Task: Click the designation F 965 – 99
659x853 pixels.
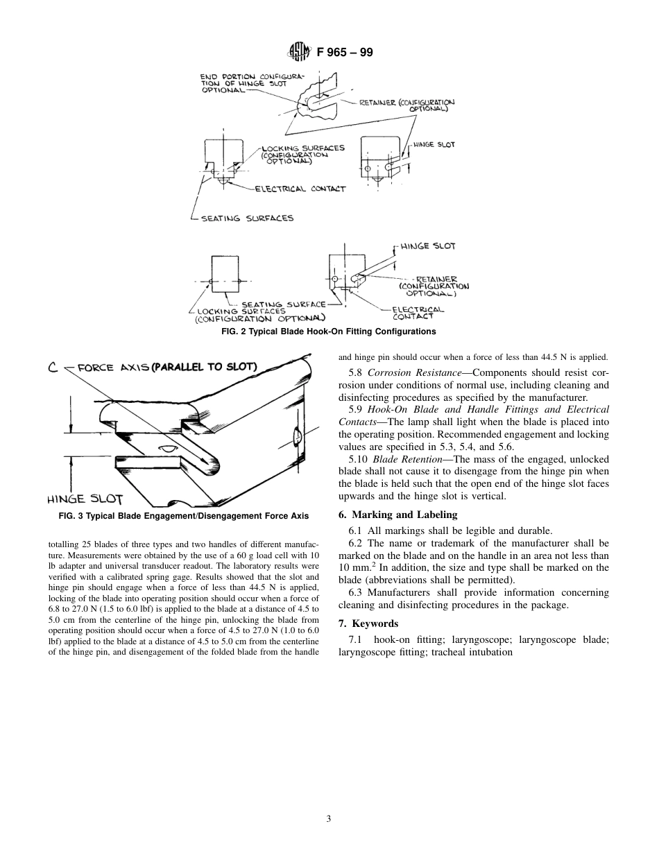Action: [x=345, y=51]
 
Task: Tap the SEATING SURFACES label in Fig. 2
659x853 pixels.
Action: [x=247, y=218]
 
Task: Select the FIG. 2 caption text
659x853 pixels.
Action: [x=328, y=331]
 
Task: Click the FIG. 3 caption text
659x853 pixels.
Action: [x=184, y=516]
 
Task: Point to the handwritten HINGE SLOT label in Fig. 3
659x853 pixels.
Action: [x=85, y=499]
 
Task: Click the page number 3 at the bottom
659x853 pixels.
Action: [x=329, y=818]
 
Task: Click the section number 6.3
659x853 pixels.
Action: [x=357, y=592]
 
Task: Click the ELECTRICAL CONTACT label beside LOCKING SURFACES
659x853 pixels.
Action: [x=300, y=189]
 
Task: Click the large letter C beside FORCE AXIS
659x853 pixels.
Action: [x=53, y=368]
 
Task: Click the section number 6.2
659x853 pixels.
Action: [x=357, y=543]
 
